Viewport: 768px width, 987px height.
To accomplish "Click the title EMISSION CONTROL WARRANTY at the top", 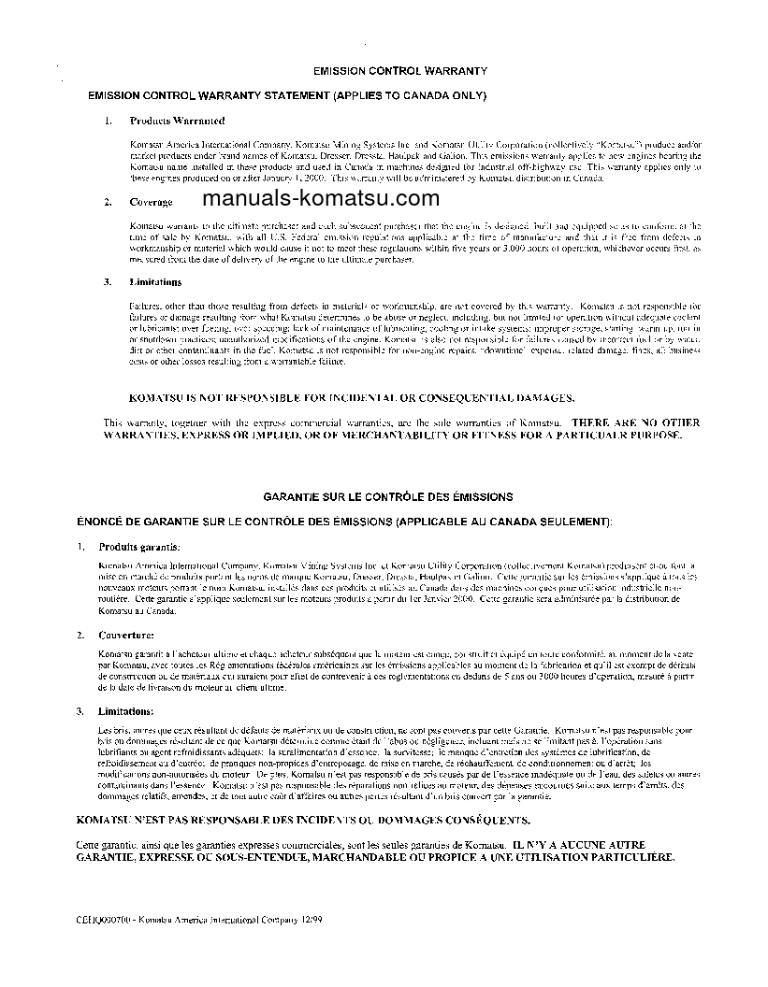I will coord(399,71).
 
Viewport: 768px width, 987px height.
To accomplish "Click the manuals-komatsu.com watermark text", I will coord(320,198).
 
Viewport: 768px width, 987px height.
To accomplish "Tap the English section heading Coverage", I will coord(150,202).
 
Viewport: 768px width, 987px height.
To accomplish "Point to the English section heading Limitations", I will coord(155,282).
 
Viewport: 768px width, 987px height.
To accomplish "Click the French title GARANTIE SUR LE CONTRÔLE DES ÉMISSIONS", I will coord(387,497).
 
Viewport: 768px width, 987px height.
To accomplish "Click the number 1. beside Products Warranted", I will coord(109,122).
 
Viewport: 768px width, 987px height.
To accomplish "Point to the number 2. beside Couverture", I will coord(81,636).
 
